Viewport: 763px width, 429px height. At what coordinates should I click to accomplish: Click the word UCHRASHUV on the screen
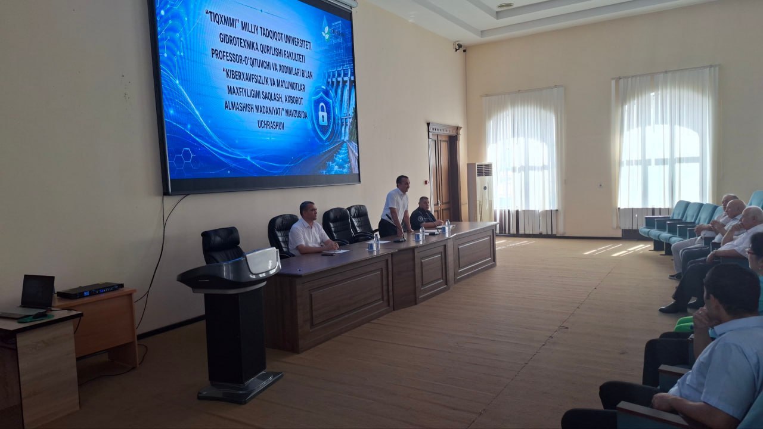tap(271, 125)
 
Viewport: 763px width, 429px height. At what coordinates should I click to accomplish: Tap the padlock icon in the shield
tap(322, 114)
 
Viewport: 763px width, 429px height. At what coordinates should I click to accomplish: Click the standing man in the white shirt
tap(395, 207)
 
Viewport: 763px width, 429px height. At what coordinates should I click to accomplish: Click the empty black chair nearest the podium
tap(222, 245)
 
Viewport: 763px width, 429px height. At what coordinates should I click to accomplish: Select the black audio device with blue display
tap(90, 290)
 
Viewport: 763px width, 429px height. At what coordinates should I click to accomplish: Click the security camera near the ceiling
tap(460, 46)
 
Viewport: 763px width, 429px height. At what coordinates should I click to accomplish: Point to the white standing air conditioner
tap(480, 192)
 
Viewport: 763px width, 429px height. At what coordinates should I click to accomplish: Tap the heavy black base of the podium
tap(240, 388)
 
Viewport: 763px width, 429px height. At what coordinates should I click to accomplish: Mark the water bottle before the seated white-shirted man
tap(377, 242)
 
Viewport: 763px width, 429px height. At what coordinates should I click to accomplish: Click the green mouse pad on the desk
tap(35, 318)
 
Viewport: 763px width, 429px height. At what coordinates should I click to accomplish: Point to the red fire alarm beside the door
tap(426, 182)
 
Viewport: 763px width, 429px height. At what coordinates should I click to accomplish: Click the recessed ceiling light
tap(505, 5)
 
